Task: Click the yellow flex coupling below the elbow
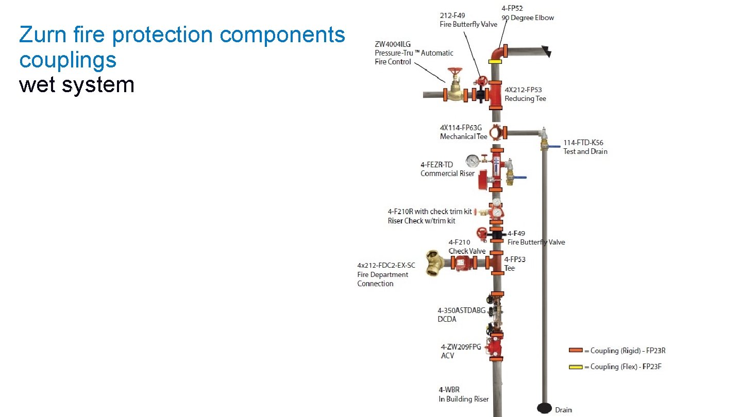click(495, 62)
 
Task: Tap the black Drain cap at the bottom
click(544, 408)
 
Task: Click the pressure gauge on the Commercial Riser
click(472, 161)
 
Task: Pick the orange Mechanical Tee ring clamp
click(495, 132)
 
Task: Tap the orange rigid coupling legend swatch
click(576, 350)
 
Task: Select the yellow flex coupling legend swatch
click(576, 367)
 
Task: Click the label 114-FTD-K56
click(583, 143)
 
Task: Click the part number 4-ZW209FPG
click(461, 347)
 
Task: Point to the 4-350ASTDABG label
click(461, 310)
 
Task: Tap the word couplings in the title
click(68, 60)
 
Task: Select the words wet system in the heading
click(76, 84)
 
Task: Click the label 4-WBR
click(448, 390)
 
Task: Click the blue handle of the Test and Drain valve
click(554, 147)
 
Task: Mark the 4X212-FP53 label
click(523, 90)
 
